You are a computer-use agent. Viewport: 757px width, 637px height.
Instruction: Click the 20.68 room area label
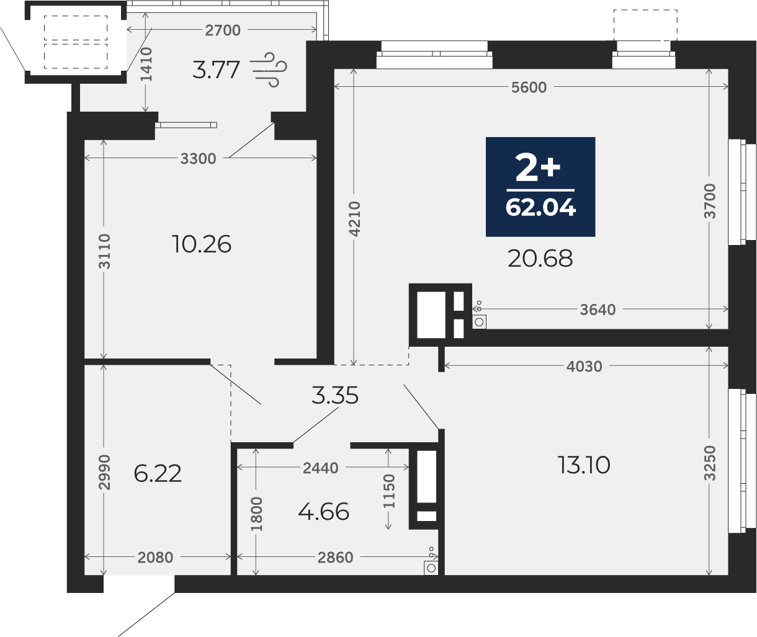pos(540,259)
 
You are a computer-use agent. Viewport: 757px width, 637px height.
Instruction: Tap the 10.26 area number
pos(202,244)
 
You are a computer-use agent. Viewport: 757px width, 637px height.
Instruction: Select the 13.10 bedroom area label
pos(584,465)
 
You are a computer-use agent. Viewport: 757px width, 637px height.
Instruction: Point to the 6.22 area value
pos(158,474)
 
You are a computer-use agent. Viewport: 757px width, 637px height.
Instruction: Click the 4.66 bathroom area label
pos(324,512)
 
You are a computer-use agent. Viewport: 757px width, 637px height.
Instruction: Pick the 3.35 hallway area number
pos(335,395)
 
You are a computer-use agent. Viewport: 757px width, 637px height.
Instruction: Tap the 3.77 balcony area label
pos(216,69)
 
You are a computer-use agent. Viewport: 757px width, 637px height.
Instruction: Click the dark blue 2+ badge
pos(540,187)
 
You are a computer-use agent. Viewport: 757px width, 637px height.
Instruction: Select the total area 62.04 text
pos(540,208)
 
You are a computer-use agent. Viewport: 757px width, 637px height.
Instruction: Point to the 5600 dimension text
pos(529,87)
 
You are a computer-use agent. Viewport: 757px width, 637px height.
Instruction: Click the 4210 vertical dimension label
pos(355,219)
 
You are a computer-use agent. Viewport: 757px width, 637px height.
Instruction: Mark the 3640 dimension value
pos(598,310)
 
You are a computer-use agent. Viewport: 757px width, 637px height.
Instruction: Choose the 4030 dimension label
pos(584,367)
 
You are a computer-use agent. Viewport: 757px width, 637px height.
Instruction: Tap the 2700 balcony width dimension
pos(223,30)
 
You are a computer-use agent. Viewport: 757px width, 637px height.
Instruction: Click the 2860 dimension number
pos(335,558)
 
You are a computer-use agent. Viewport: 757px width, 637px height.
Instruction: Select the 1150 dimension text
pos(388,491)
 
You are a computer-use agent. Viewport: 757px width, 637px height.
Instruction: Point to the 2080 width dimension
pos(155,558)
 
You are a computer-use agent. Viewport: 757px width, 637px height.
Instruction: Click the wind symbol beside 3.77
pos(269,69)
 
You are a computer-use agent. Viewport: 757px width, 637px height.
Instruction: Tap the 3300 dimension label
pos(198,159)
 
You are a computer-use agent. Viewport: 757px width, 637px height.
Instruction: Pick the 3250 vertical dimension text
pos(710,463)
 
